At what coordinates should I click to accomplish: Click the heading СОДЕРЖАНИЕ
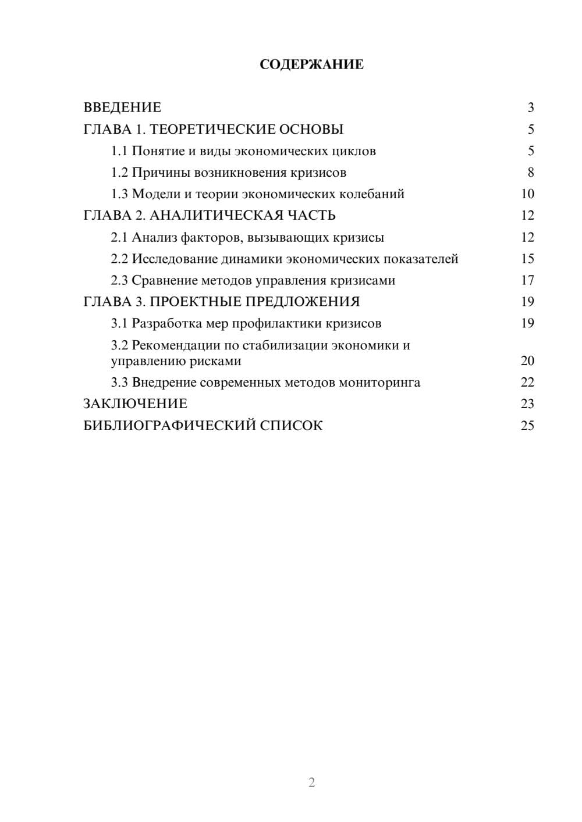[x=311, y=65]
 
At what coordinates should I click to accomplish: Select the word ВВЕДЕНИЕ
[x=122, y=108]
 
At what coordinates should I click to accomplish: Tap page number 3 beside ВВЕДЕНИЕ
[x=531, y=108]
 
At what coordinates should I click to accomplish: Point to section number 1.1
[x=119, y=151]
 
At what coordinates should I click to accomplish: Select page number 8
[x=531, y=173]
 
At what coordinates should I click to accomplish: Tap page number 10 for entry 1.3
[x=527, y=194]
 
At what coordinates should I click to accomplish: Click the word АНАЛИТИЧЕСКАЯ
[x=213, y=216]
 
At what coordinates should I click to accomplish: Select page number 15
[x=527, y=259]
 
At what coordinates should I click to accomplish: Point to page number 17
[x=527, y=280]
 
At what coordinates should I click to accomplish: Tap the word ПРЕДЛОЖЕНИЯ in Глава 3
[x=302, y=302]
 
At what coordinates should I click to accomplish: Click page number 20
[x=527, y=361]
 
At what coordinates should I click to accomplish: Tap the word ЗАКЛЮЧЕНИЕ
[x=136, y=404]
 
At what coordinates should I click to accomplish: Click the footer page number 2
[x=311, y=782]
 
